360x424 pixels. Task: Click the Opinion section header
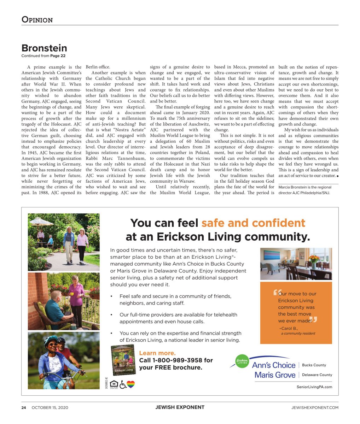click(x=37, y=19)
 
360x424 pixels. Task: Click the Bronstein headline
click(x=44, y=48)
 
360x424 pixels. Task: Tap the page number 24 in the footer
click(x=24, y=407)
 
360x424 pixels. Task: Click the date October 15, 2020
click(x=50, y=407)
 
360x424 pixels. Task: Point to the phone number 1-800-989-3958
click(x=176, y=360)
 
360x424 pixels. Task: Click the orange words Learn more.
click(x=157, y=353)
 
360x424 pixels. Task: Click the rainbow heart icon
click(x=131, y=384)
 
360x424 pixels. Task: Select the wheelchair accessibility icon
click(x=123, y=384)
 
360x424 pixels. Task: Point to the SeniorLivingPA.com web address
click(x=314, y=387)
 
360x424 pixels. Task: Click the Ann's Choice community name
click(x=274, y=365)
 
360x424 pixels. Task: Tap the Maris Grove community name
click(x=275, y=375)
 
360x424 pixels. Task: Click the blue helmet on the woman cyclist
click(x=50, y=340)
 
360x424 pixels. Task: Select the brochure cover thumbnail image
click(x=123, y=360)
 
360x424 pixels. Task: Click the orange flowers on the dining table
click(x=313, y=258)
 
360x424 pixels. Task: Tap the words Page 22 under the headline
click(x=58, y=56)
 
